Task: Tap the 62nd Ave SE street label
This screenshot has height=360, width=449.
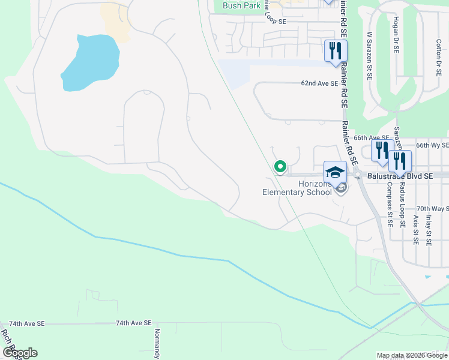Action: coord(319,84)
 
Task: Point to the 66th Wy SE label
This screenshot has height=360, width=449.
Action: coord(432,145)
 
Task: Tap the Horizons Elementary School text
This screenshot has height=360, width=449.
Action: coord(297,188)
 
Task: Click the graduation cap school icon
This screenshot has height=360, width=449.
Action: coord(335,172)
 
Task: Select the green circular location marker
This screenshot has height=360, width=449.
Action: coord(280,166)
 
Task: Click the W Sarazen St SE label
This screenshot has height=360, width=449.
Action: coord(370,57)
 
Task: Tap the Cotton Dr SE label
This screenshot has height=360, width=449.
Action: coord(439,53)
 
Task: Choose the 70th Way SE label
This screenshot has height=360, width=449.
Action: coord(432,208)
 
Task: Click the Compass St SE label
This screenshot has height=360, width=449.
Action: coord(390,208)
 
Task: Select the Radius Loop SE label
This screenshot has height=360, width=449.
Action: coord(402,204)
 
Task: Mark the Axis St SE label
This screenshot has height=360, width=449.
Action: coord(415,230)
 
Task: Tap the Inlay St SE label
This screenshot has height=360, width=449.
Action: coord(429,230)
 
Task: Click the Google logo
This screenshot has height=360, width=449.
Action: coord(20,353)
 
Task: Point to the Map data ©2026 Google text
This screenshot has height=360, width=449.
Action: coord(412,355)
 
